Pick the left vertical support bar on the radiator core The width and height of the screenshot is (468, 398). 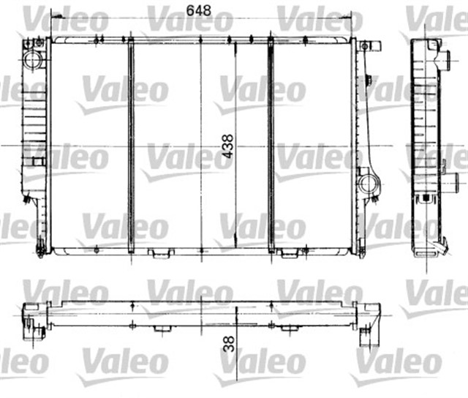click(130, 144)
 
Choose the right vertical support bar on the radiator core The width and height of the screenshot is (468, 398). click(271, 144)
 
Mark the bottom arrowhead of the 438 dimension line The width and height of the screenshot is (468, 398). click(235, 244)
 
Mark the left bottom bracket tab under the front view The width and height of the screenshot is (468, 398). click(156, 254)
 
